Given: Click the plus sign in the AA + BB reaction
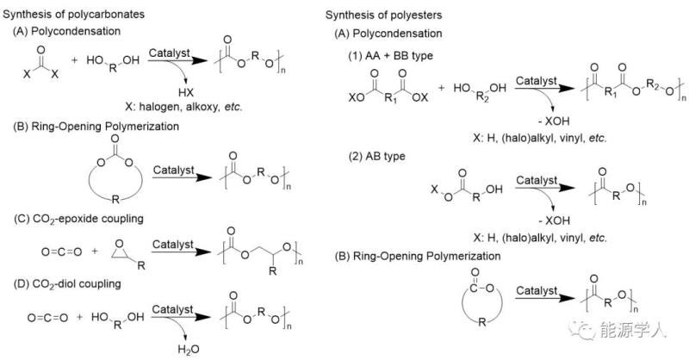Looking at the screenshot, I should (442, 89).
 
